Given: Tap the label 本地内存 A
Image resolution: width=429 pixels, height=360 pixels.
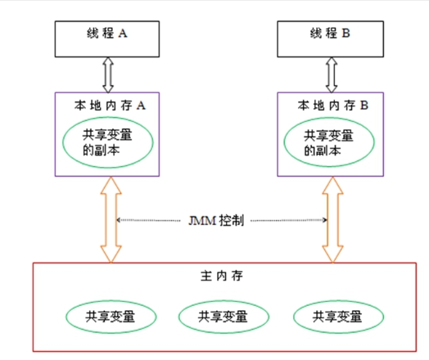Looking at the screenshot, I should tap(109, 105).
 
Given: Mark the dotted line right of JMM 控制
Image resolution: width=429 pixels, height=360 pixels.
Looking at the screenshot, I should tap(291, 221).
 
